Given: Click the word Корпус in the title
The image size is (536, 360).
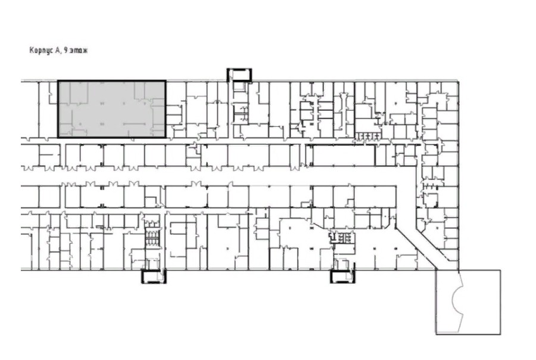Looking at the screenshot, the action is point(40,51).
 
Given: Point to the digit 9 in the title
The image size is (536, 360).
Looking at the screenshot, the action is point(66,50).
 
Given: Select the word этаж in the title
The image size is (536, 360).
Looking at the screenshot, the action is point(78,51).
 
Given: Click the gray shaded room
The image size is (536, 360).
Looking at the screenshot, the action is point(112,109).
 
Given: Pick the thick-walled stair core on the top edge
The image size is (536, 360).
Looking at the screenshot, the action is point(239,75).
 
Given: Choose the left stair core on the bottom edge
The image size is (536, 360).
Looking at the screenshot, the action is point(154,276).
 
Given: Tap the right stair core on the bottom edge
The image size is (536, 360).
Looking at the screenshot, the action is point(343,276).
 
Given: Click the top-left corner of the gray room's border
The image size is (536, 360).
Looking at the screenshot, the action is point(58,81).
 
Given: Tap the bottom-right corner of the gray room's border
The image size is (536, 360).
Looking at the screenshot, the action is point(166,137).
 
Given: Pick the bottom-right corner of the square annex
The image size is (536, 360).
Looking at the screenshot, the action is point(501,334).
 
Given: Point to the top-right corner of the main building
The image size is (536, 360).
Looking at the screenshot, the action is point(458,81).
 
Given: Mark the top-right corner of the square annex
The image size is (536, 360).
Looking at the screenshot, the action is point(501,270).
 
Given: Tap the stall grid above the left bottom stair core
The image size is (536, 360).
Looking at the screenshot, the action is point(151,236).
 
